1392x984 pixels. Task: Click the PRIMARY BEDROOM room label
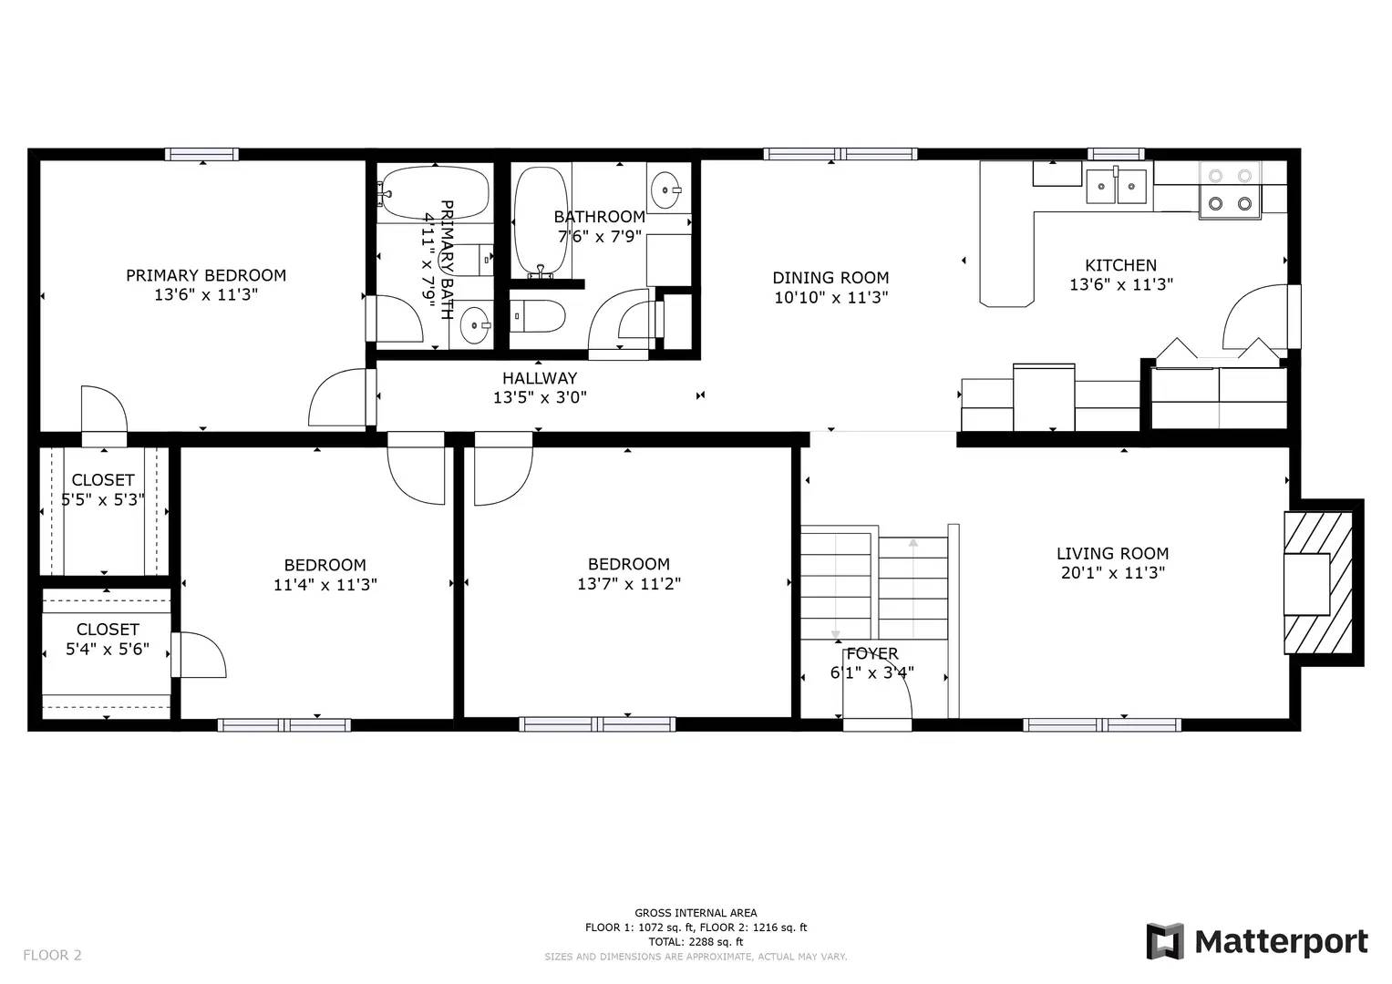[x=205, y=275]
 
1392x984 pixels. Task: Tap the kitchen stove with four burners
[x=1229, y=189]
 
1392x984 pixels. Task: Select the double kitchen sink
[x=1116, y=186]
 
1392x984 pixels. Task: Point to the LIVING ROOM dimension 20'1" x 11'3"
[x=1112, y=573]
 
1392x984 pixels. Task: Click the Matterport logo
[x=1257, y=941]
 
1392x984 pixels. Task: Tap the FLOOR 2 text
[x=52, y=955]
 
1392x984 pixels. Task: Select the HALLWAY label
[x=540, y=378]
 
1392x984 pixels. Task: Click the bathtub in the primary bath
[x=434, y=192]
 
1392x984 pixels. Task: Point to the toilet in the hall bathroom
[x=537, y=316]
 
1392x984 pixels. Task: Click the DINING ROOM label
[x=830, y=278]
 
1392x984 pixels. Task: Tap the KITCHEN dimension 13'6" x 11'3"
[x=1120, y=284]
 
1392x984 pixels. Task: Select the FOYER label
[x=871, y=653]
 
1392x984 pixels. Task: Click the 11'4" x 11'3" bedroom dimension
[x=325, y=585]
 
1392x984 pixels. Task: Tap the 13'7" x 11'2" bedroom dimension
[x=628, y=584]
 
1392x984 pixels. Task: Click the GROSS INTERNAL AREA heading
[x=696, y=913]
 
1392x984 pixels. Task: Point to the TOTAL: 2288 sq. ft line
[x=696, y=942]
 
